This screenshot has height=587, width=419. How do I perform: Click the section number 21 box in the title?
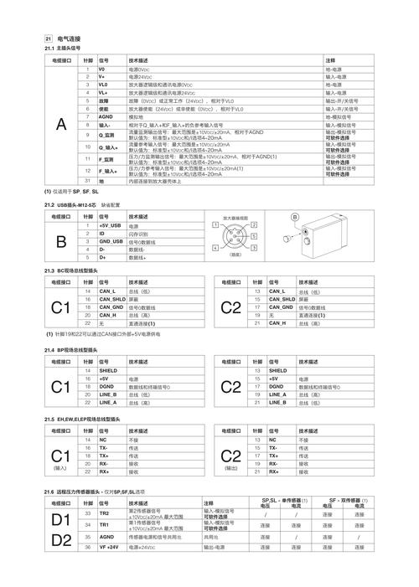tap(49, 39)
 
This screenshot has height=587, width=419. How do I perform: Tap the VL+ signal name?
tap(104, 93)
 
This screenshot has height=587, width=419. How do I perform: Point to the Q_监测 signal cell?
tap(107, 134)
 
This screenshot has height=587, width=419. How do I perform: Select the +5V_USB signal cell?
tap(111, 226)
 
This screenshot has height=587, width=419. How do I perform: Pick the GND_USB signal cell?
tap(111, 242)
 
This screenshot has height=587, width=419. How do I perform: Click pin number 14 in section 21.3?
tap(87, 291)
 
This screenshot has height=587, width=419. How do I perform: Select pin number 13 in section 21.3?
tap(256, 291)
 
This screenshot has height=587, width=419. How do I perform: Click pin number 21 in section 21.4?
tap(256, 402)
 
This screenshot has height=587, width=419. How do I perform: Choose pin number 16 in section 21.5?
tap(87, 448)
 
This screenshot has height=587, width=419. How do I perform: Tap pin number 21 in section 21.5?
tap(256, 471)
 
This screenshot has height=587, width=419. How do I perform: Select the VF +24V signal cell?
tap(110, 546)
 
